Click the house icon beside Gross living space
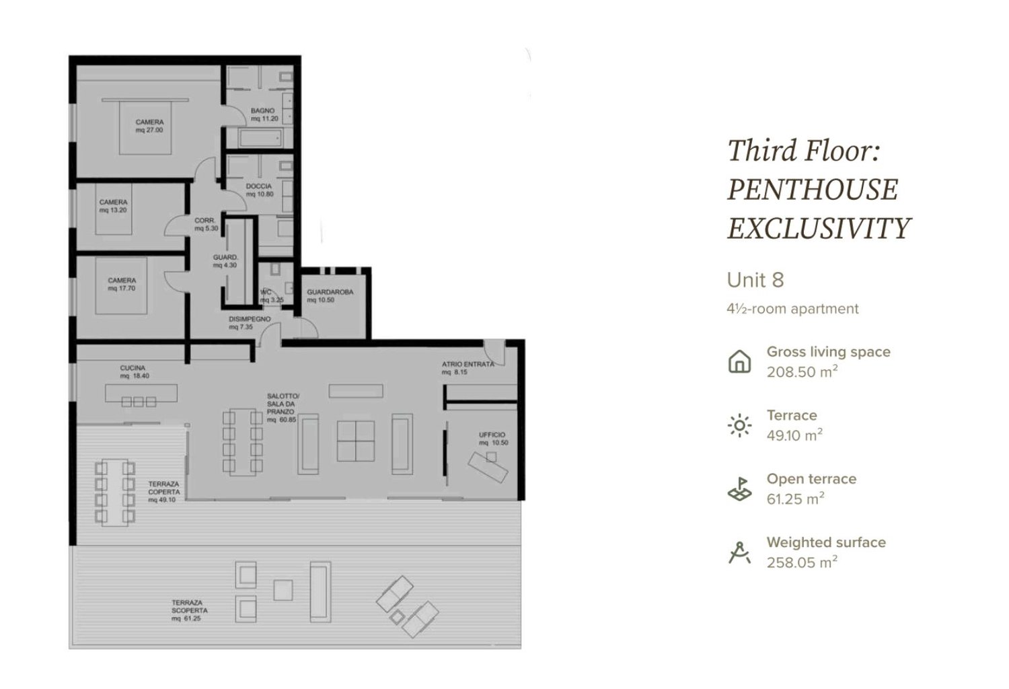(x=739, y=361)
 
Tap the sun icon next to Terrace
(x=739, y=425)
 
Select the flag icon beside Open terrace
(x=739, y=489)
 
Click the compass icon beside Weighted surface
(x=739, y=552)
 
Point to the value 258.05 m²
(x=802, y=563)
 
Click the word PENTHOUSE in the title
(x=812, y=190)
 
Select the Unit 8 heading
(x=755, y=280)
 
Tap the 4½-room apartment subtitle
(x=792, y=309)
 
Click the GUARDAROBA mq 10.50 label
(x=330, y=296)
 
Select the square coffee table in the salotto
(x=355, y=441)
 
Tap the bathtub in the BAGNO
(x=259, y=139)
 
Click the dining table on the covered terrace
(x=114, y=492)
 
